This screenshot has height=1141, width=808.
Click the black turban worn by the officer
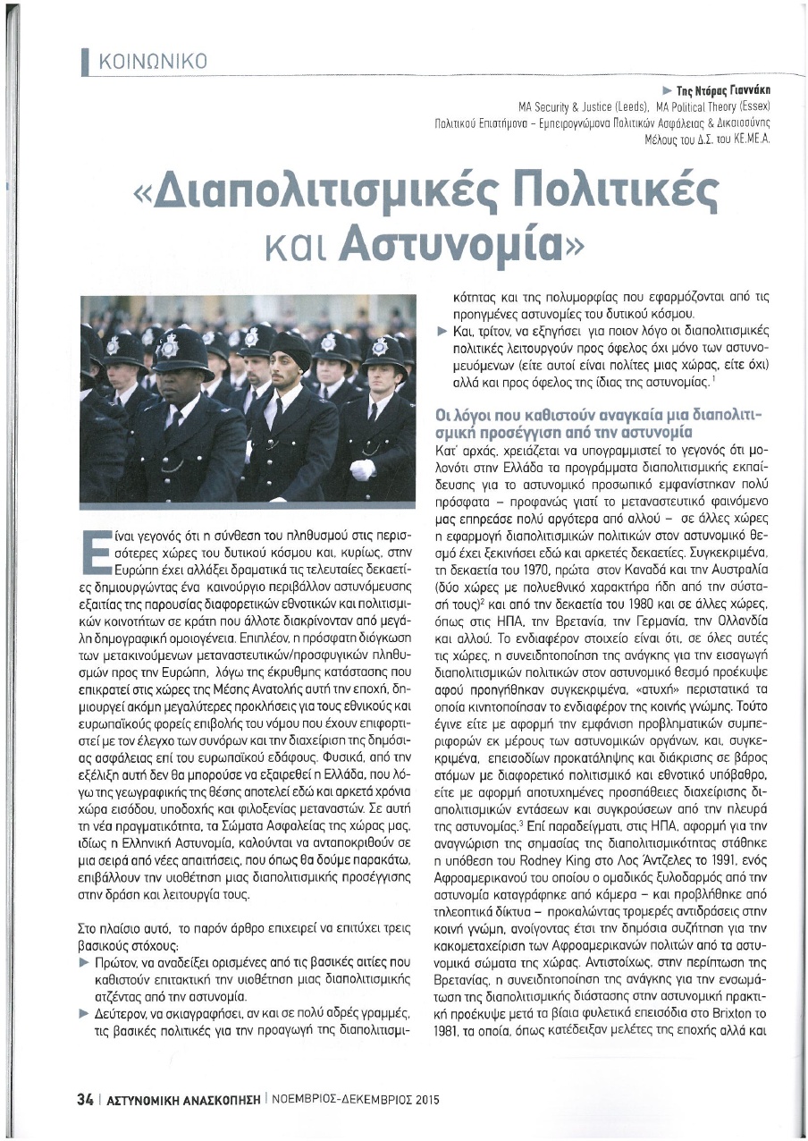coord(287,343)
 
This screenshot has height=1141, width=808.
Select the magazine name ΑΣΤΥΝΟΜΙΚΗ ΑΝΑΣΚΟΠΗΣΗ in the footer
coord(183,1101)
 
